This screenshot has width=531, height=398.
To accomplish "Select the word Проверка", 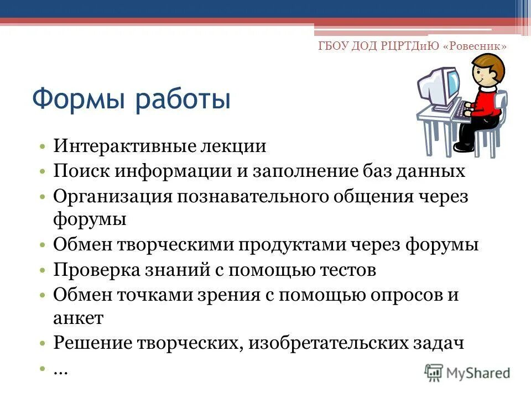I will (92, 270).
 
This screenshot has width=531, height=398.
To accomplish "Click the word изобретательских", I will (322, 343).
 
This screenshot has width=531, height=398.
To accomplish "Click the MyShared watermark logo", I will (467, 372).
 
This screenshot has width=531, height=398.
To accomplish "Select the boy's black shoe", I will (463, 146).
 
